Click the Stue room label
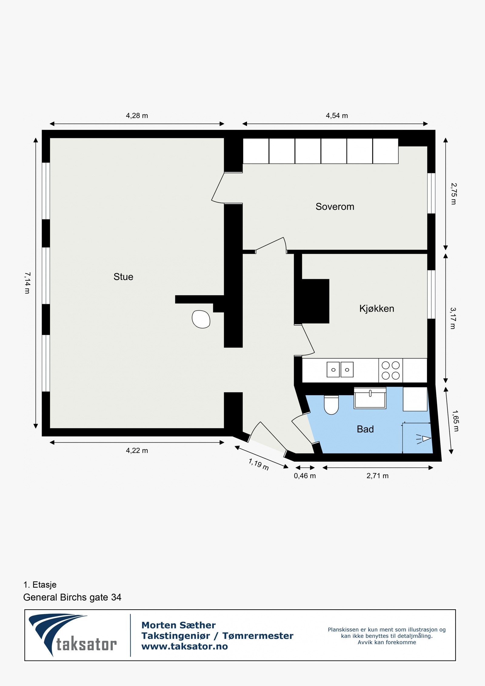click(x=123, y=277)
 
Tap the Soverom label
click(x=335, y=207)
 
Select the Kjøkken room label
click(x=376, y=309)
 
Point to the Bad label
click(x=365, y=429)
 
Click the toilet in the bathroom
click(x=331, y=405)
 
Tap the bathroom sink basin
click(x=370, y=399)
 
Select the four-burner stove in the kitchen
click(x=390, y=370)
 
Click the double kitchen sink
click(x=340, y=370)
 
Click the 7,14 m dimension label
click(x=27, y=283)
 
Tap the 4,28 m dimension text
click(x=137, y=116)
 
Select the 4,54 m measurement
click(x=337, y=116)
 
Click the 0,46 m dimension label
click(x=305, y=476)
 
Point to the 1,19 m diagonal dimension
click(x=259, y=464)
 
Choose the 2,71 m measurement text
click(x=377, y=476)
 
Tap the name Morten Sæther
click(x=179, y=625)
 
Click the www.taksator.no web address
click(x=185, y=646)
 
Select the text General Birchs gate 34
click(x=72, y=597)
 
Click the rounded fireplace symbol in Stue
click(x=201, y=319)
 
